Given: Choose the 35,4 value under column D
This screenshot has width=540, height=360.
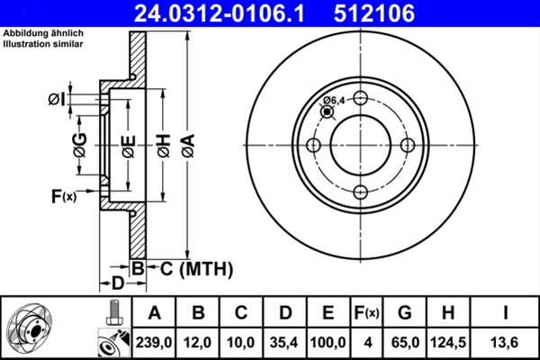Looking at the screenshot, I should tap(285, 343).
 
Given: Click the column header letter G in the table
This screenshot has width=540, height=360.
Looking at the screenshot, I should tap(404, 313).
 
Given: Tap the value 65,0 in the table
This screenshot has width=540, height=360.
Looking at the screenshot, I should tap(404, 343).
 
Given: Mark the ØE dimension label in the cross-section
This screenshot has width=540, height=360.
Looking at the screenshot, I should tap(129, 143).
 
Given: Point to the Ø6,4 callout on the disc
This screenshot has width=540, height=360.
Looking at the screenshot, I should tap(334, 100).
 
